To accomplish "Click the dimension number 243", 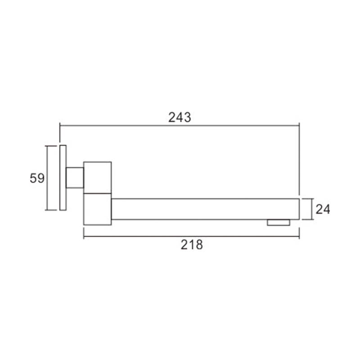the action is coord(180,117).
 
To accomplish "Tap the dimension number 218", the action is coord(192,245).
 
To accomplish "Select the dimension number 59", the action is coord(37,178).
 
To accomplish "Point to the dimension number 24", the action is coord(323,209).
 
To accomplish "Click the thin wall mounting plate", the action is coord(63,178).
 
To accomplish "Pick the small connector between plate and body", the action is coord(75,178).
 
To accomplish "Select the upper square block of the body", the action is coord(98,177).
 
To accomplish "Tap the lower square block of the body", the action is coord(98,209).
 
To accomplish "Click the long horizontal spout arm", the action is coord(205,209).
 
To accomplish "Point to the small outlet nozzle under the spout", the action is coord(279,222).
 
